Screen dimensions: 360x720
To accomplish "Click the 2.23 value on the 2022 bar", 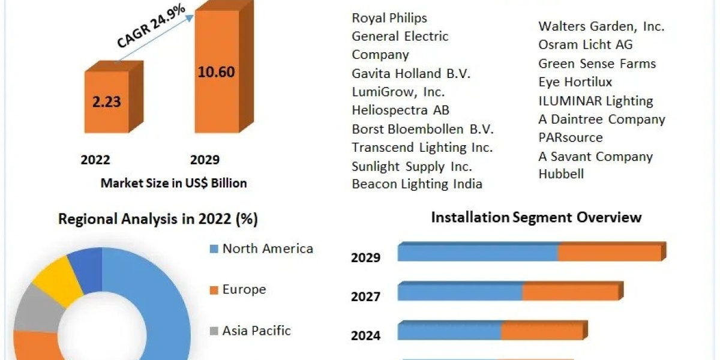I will tap(106, 101).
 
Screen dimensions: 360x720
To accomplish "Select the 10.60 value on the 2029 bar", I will tap(216, 72).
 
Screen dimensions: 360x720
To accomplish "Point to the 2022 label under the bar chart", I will tap(95, 160).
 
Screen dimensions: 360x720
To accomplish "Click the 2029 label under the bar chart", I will tap(205, 160).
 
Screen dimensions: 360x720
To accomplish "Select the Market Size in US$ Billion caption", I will tap(173, 183).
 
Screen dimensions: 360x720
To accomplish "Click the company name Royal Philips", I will tap(389, 18).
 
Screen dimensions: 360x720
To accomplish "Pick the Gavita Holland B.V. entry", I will tap(411, 74).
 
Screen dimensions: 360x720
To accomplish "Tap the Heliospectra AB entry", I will tap(400, 110).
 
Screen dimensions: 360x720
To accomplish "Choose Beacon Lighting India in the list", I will tap(417, 184).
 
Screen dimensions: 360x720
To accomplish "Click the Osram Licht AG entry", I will tap(585, 45).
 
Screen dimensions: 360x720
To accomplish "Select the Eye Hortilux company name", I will tap(575, 82).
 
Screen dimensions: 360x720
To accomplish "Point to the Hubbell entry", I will tap(561, 174).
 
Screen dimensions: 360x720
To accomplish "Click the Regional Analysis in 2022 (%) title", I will tap(158, 220).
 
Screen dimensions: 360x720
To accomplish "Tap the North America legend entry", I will tap(267, 248).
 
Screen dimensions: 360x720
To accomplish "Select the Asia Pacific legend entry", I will tap(256, 330).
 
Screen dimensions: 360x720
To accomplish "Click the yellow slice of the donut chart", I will tap(58, 277).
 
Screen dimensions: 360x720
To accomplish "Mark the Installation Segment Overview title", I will tap(536, 217).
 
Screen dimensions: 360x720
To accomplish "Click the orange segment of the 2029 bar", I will tap(609, 253).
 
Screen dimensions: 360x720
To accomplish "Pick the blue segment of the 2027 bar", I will tap(460, 292).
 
